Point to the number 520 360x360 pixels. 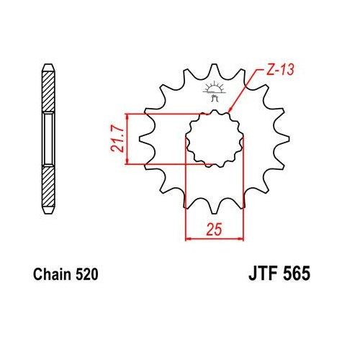click(x=85, y=274)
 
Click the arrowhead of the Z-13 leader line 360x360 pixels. click(x=230, y=112)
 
